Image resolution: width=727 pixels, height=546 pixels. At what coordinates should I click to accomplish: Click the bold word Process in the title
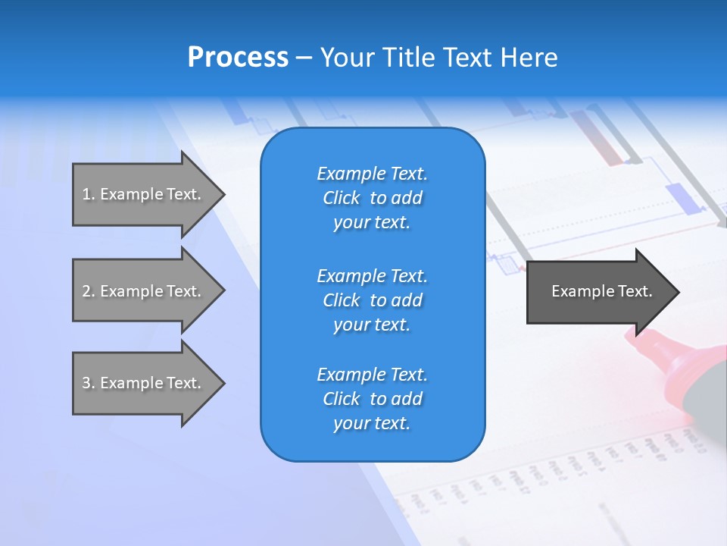pos(238,58)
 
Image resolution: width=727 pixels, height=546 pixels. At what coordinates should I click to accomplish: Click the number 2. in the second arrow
pos(89,291)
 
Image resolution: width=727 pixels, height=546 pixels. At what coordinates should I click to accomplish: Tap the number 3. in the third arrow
pos(89,383)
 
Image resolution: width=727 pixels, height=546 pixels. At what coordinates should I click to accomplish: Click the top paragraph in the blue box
pos(372,198)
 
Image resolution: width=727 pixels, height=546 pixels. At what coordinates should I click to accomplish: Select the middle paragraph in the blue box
pos(372,300)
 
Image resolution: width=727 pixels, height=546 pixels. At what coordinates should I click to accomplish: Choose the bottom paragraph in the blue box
pos(372,399)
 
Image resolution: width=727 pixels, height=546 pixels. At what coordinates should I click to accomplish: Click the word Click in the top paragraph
pos(342,198)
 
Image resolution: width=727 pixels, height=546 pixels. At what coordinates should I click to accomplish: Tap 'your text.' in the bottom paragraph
pos(372,423)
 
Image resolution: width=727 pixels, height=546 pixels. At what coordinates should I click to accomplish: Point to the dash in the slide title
pos(304,58)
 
